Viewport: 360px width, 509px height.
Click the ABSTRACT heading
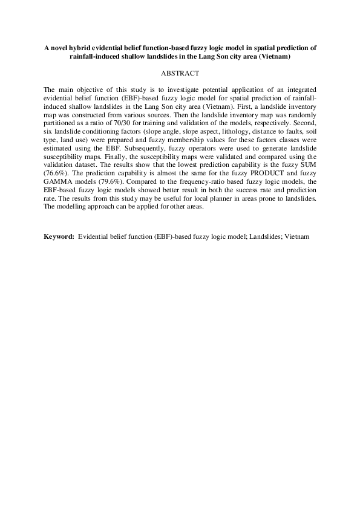click(x=180, y=73)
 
